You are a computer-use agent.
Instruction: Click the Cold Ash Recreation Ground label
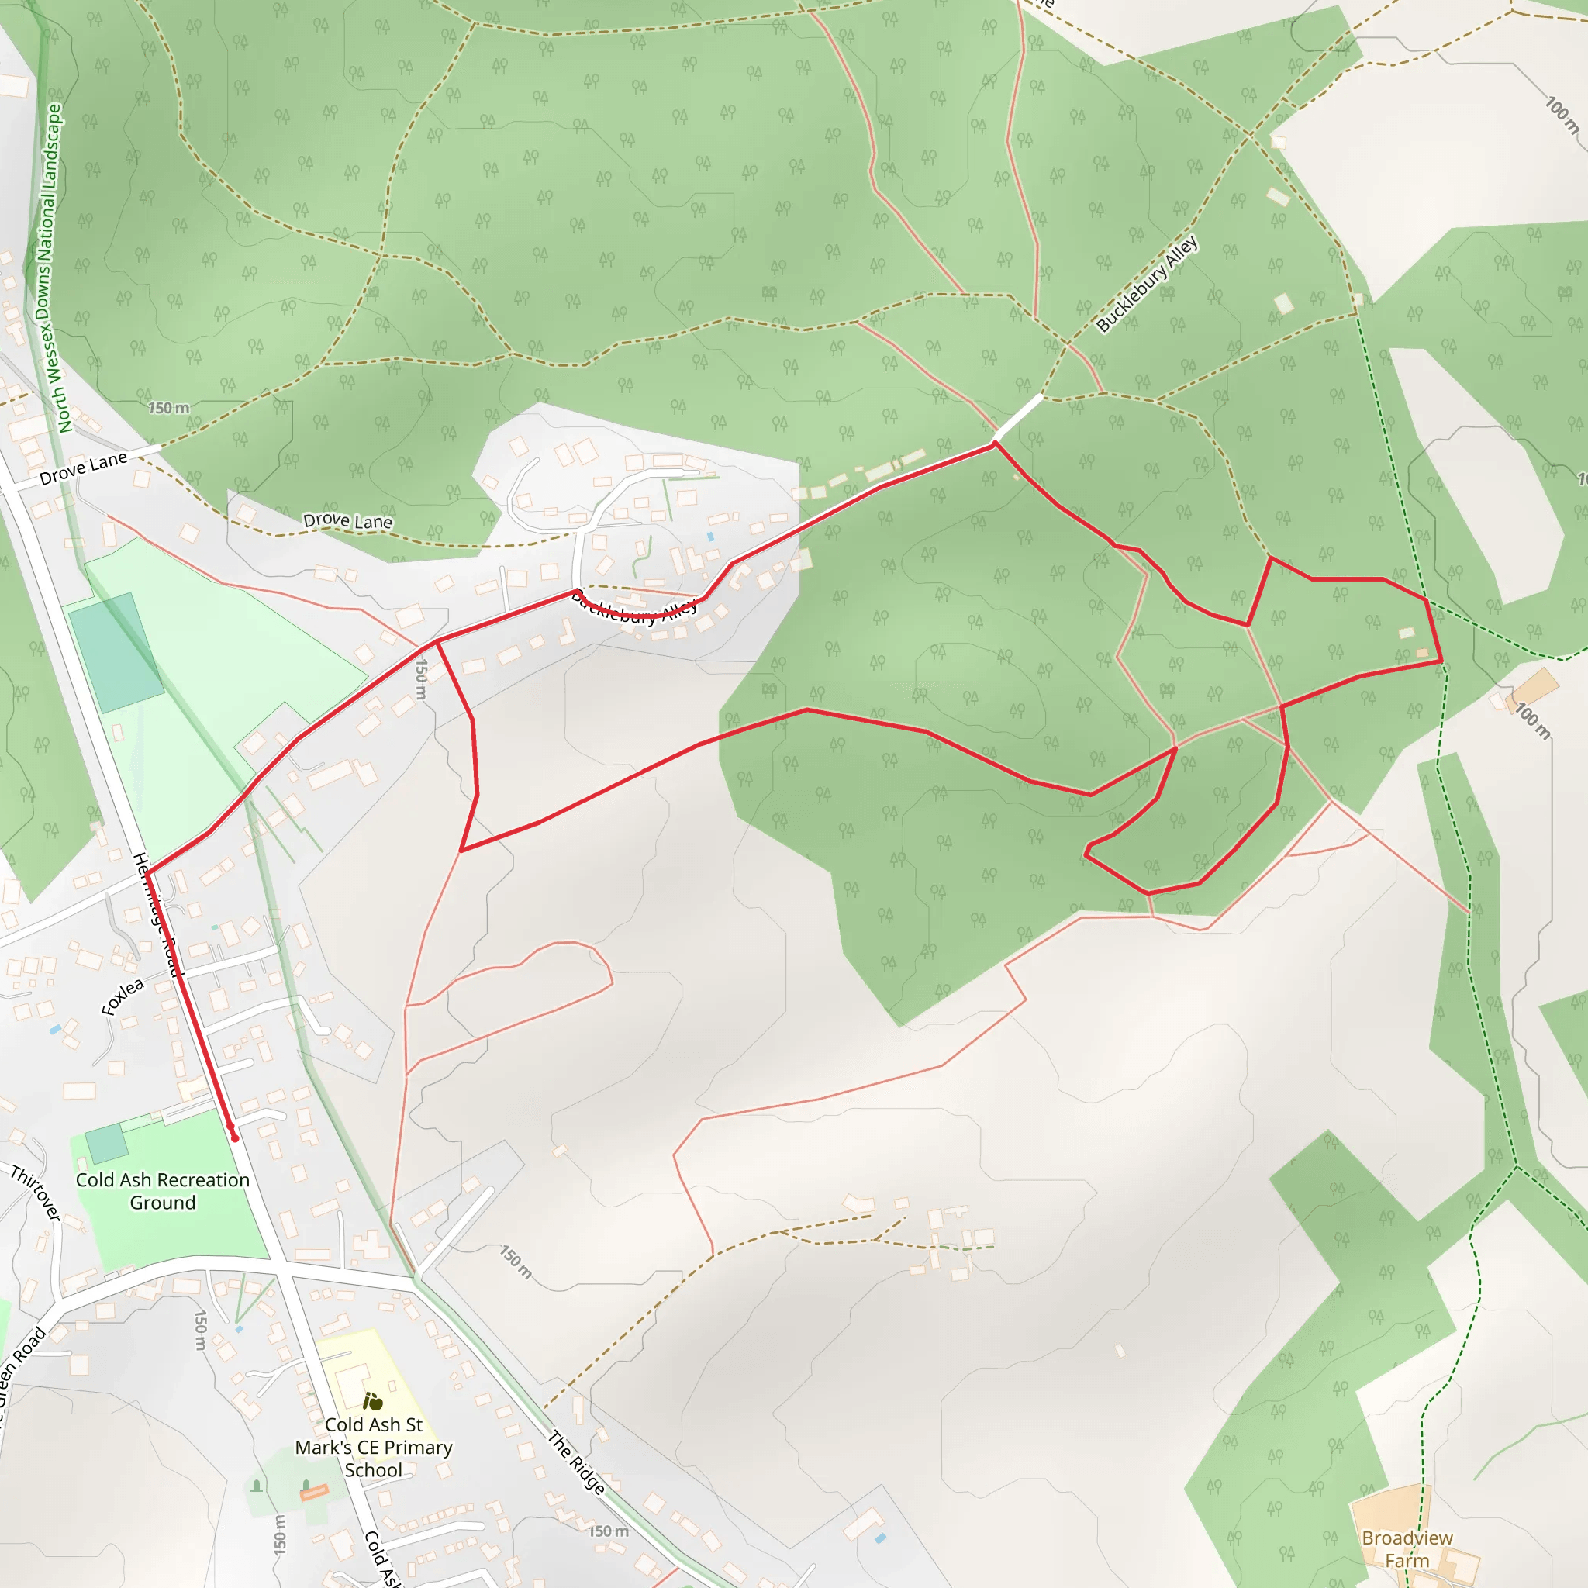[163, 1191]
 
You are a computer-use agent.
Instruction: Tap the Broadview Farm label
[1407, 1548]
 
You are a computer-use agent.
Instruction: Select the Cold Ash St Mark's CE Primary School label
[373, 1447]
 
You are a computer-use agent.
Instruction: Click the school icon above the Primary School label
[373, 1400]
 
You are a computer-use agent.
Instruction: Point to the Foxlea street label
[123, 996]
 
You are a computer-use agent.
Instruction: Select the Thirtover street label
[36, 1193]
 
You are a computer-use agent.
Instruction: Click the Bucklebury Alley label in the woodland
[1147, 285]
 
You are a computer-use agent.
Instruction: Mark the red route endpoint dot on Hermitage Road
[235, 1138]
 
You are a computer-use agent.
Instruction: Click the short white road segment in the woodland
[1018, 416]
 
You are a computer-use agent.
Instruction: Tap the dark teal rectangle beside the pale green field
[115, 653]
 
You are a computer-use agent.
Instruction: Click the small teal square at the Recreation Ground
[106, 1144]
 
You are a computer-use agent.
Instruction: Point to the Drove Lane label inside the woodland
[347, 521]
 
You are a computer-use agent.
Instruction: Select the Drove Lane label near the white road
[83, 468]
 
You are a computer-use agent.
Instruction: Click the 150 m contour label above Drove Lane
[168, 408]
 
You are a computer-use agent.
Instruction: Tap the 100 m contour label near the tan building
[1533, 721]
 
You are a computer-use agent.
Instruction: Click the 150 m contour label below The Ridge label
[608, 1531]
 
